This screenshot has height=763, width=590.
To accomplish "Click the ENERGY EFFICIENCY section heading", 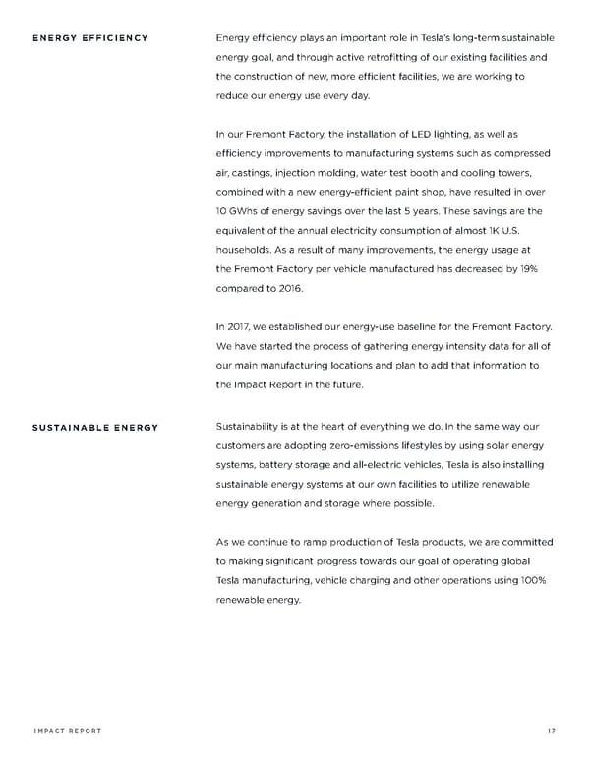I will point(90,38).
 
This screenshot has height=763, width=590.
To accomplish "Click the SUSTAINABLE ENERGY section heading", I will point(95,428).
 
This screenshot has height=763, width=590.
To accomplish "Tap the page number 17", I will point(549,730).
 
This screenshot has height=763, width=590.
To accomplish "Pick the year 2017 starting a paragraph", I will point(235,324).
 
